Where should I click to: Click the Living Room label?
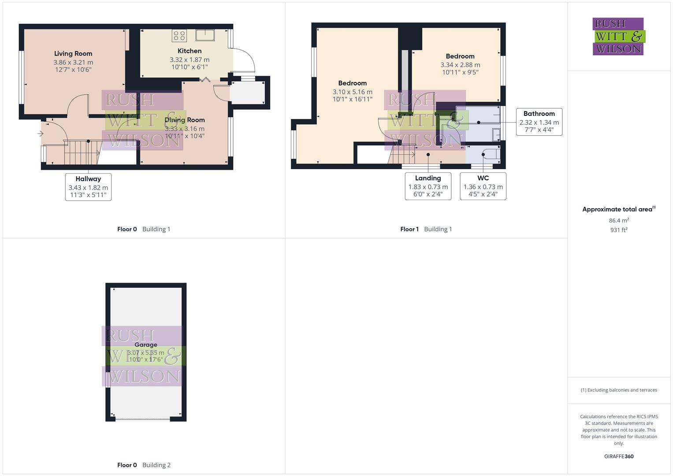click(x=73, y=54)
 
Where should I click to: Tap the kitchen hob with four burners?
click(x=179, y=35)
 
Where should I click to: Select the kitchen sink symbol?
click(x=205, y=35)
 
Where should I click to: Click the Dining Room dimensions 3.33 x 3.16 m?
click(x=185, y=129)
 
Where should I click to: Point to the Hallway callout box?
click(x=88, y=187)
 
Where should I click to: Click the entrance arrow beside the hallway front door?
click(x=41, y=133)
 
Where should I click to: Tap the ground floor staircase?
click(x=82, y=152)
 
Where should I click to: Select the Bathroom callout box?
click(x=539, y=122)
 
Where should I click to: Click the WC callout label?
click(x=483, y=178)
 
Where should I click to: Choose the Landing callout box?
click(x=428, y=186)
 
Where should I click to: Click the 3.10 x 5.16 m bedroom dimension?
click(x=353, y=92)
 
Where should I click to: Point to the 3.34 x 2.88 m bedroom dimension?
click(x=460, y=65)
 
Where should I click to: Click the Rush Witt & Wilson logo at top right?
click(x=618, y=36)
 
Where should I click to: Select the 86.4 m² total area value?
click(x=619, y=220)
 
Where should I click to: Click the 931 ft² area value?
click(x=619, y=230)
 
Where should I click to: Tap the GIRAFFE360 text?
click(x=619, y=456)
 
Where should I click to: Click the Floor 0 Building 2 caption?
click(x=144, y=465)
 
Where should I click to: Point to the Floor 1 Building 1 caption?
click(x=426, y=229)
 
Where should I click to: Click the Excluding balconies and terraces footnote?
click(x=619, y=390)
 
